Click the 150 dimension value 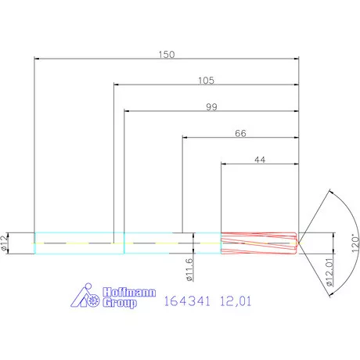tap(167, 54)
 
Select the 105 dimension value tap(207, 80)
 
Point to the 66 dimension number tap(241, 134)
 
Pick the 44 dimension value tap(260, 160)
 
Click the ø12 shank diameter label tap(6, 242)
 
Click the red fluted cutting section tap(259, 243)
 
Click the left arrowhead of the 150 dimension tap(38, 59)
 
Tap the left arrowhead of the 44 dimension tap(225, 164)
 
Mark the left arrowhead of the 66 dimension tap(185, 138)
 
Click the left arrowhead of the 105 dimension tap(117, 85)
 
